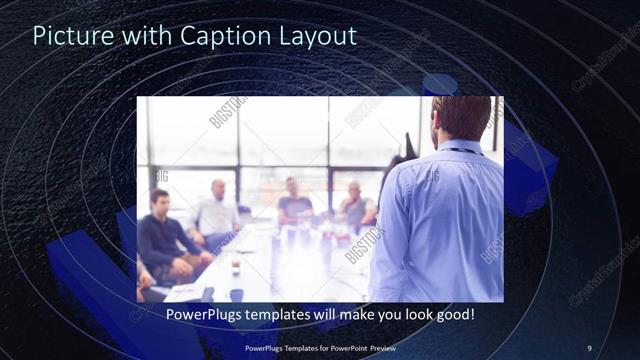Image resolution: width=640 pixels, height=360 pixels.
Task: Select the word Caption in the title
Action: coord(219,37)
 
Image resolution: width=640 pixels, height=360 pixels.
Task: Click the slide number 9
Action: coord(589,348)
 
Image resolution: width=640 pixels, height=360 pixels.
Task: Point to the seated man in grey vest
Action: coord(355,205)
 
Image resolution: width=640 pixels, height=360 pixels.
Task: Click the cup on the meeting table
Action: coord(236,268)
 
